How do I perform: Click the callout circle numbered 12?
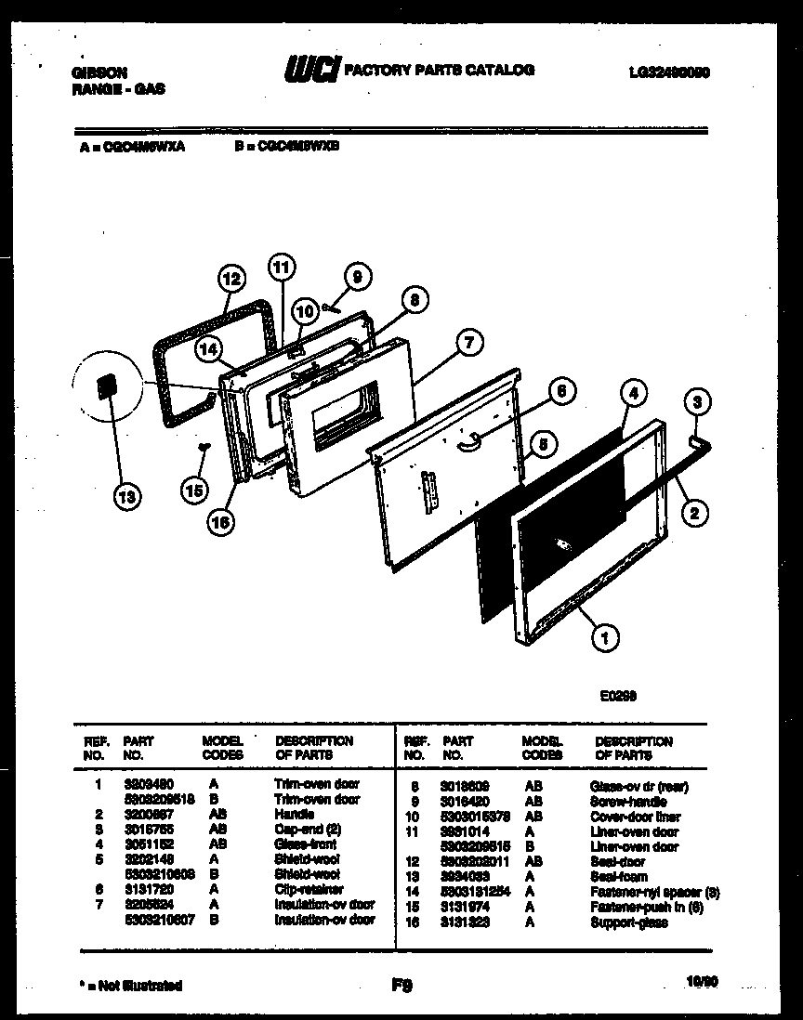tap(231, 278)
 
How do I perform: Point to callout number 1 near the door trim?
tap(605, 637)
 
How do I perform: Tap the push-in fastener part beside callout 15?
tap(200, 447)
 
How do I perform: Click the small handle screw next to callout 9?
tap(330, 306)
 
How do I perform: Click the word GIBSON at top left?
tap(99, 72)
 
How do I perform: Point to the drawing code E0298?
tap(616, 694)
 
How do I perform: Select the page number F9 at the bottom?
tap(401, 985)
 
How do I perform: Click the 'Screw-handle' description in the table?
tap(626, 802)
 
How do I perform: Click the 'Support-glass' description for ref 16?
tap(628, 922)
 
